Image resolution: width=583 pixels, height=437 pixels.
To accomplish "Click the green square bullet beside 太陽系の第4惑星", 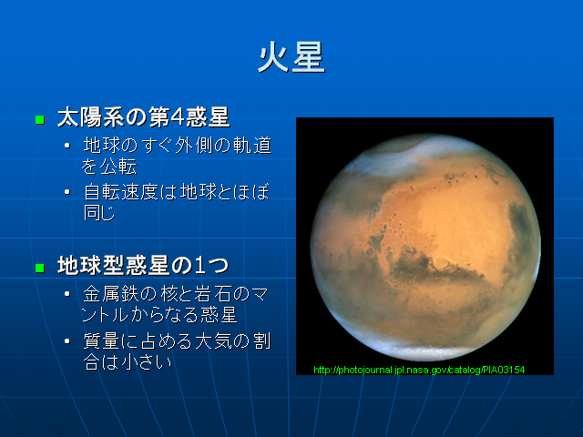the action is pos(40,119).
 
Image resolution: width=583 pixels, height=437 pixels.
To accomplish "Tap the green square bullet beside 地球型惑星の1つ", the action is pos(40,268).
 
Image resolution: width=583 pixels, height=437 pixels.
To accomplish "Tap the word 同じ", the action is pos(99,213).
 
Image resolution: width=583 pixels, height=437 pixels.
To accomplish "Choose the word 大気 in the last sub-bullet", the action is pos(213,341).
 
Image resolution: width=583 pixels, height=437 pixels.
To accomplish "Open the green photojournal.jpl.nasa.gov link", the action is pos(419,370).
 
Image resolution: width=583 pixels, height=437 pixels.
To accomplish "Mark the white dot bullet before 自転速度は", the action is pos(67,192).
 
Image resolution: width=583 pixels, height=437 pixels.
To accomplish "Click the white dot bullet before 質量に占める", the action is pos(67,341).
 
